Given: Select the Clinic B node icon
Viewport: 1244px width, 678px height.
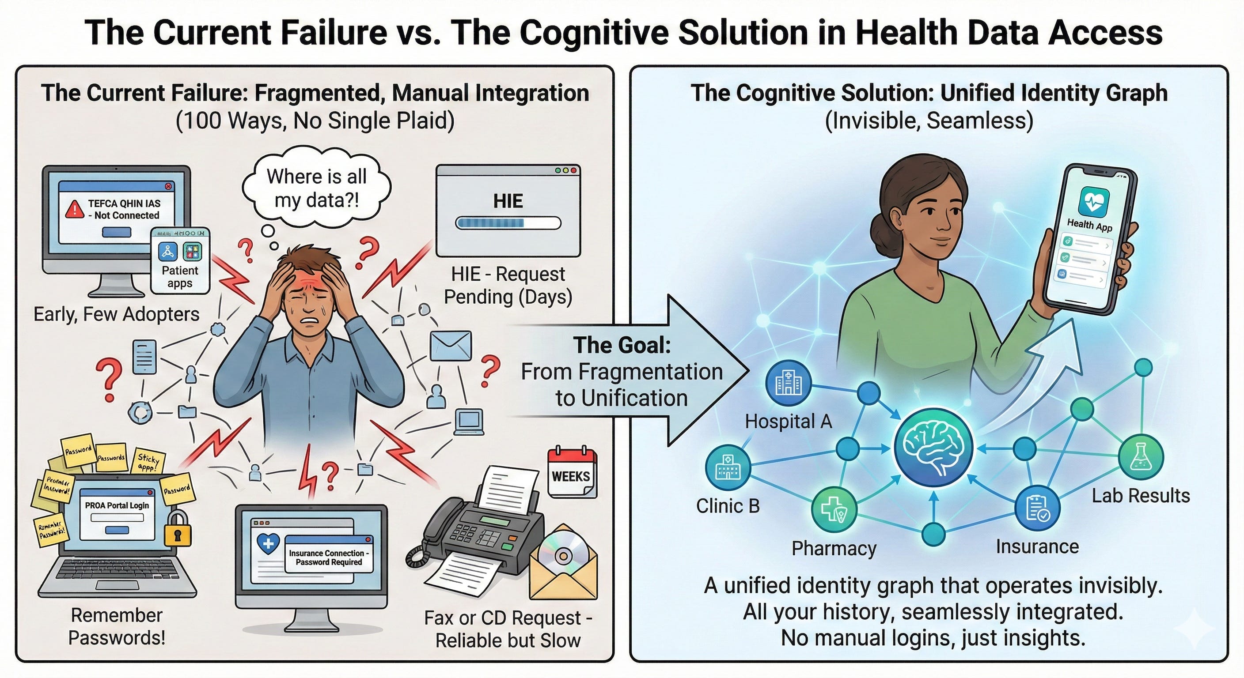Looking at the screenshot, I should tap(728, 467).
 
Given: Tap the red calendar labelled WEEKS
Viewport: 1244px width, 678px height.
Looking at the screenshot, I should tap(572, 473).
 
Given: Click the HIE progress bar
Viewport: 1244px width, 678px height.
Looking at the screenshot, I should tap(508, 223).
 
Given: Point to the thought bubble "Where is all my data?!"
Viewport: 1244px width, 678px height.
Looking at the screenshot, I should tap(317, 188).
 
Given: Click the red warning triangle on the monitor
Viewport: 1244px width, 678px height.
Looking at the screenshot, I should tap(75, 208).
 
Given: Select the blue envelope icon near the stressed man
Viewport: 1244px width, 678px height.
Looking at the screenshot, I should tap(450, 346).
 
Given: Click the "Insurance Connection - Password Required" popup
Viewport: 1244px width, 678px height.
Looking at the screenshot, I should tap(328, 557).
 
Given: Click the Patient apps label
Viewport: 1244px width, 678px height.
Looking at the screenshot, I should tap(180, 276).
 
